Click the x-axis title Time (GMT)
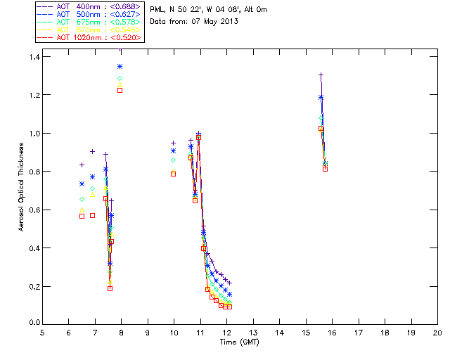pyautogui.click(x=240, y=342)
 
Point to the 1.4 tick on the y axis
pyautogui.click(x=31, y=56)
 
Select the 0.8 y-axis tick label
pyautogui.click(x=31, y=172)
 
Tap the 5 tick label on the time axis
pyautogui.click(x=42, y=333)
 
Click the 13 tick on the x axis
pyautogui.click(x=253, y=333)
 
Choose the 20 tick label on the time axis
pyautogui.click(x=437, y=333)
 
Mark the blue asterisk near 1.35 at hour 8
pyautogui.click(x=120, y=66)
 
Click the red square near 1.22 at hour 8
pyautogui.click(x=120, y=90)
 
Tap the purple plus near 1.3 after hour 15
pyautogui.click(x=321, y=75)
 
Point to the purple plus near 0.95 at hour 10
pyautogui.click(x=174, y=143)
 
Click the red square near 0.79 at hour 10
pyautogui.click(x=174, y=174)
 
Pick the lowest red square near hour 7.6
pyautogui.click(x=110, y=288)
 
